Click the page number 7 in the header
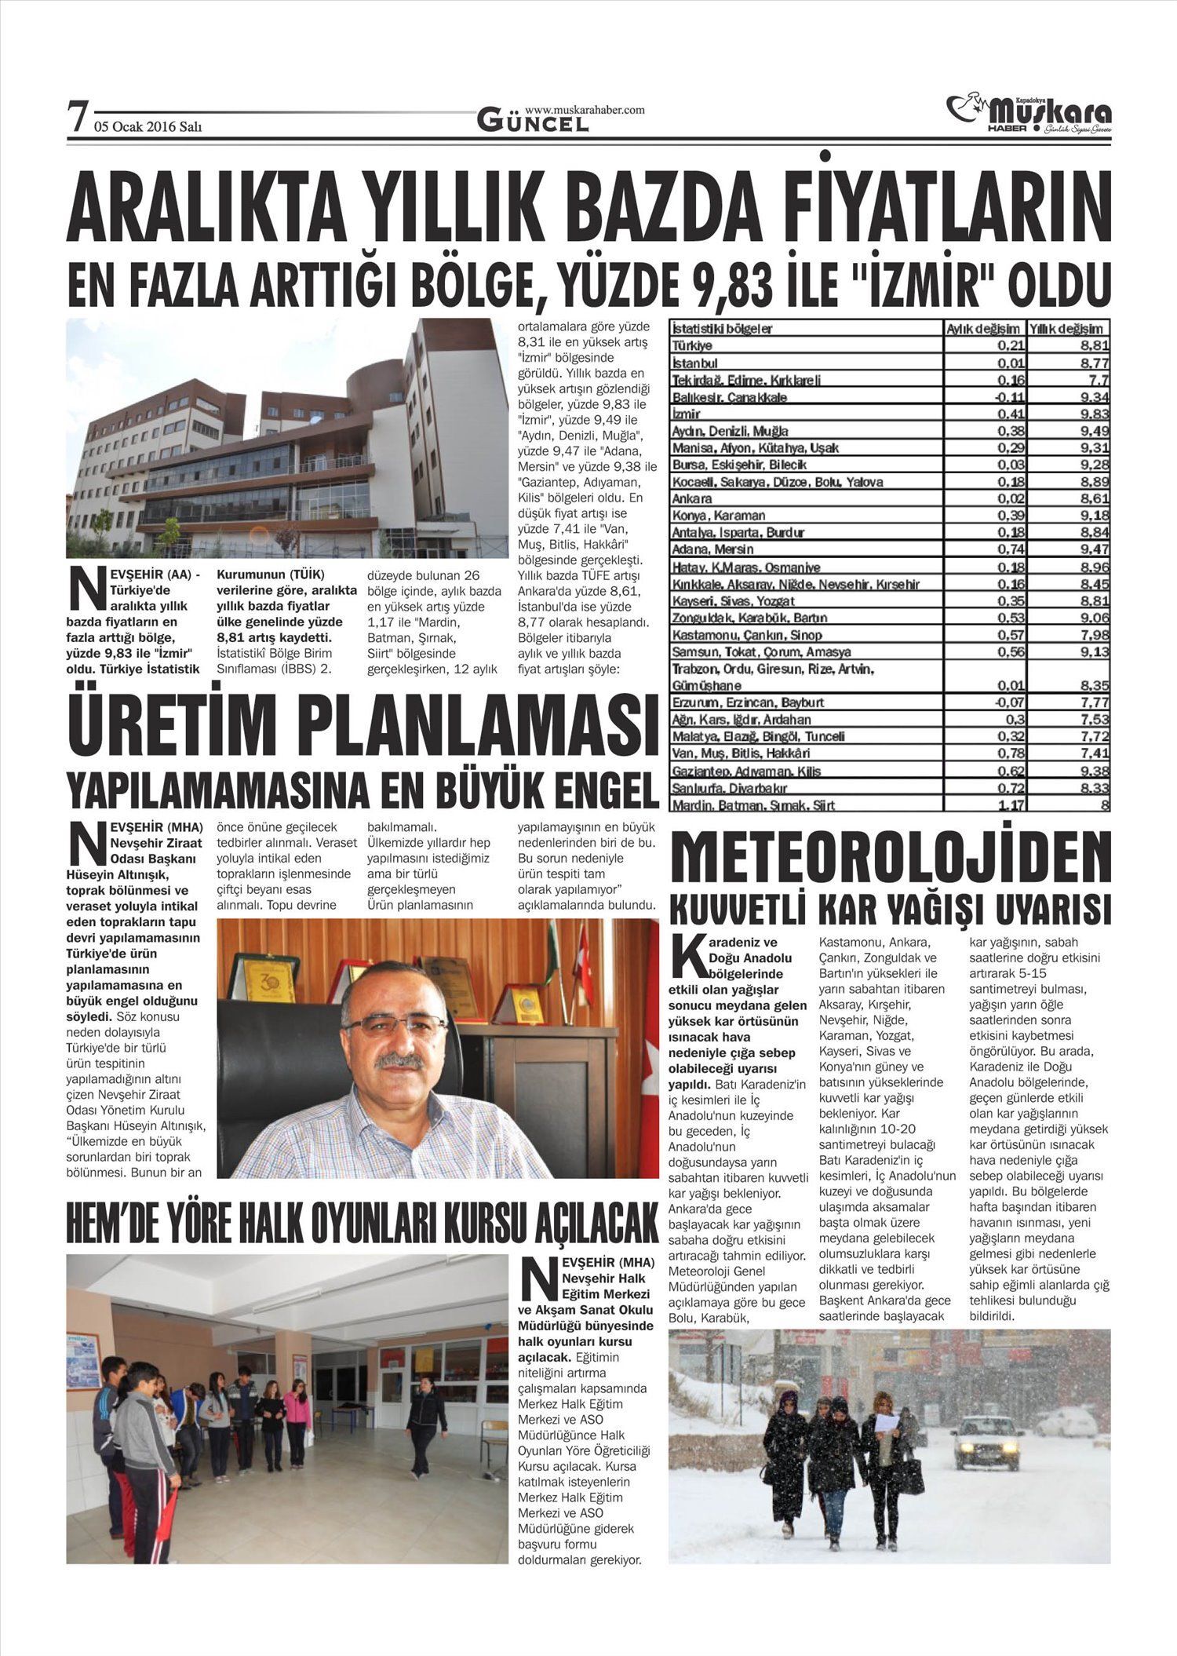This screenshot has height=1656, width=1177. point(76,119)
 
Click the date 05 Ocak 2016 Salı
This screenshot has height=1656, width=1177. point(148,126)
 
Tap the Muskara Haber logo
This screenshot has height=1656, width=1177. point(1029,115)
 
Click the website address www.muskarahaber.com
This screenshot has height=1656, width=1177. point(584,110)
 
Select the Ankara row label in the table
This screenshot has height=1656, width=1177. point(692,498)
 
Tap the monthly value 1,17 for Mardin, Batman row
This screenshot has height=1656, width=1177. point(1008,805)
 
